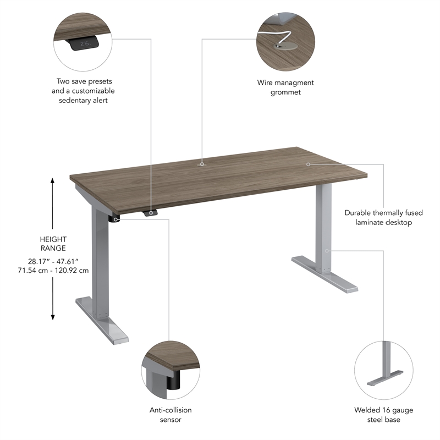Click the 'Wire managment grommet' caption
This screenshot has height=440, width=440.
(285, 87)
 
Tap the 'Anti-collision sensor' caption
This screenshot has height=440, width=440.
(170, 415)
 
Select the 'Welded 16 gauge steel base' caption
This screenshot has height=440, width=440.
(384, 415)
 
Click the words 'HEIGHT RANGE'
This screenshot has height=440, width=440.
(53, 244)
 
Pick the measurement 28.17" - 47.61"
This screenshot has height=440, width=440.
(53, 261)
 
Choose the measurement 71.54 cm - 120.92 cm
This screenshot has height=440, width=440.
(53, 271)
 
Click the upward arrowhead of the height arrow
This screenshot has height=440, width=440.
(53, 181)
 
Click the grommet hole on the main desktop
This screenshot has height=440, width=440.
(202, 163)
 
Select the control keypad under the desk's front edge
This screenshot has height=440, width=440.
(150, 213)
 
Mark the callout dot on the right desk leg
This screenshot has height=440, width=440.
(327, 251)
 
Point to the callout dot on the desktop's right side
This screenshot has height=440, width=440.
(308, 164)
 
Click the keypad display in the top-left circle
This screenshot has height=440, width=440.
(85, 43)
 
